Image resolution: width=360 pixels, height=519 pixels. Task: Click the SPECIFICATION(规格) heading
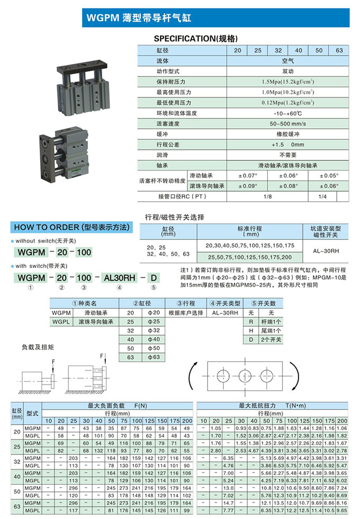pos(195,39)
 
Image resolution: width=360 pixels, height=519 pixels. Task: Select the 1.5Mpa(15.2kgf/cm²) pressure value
pos(287,82)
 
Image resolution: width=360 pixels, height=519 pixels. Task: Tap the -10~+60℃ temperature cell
pos(287,113)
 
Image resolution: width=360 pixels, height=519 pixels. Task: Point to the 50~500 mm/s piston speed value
pos(287,123)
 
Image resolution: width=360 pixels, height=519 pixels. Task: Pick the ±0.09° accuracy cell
pos(247,186)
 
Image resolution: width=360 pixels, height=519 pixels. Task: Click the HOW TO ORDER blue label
pos(71,228)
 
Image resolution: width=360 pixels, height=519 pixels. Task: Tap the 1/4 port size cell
pos(322,196)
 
